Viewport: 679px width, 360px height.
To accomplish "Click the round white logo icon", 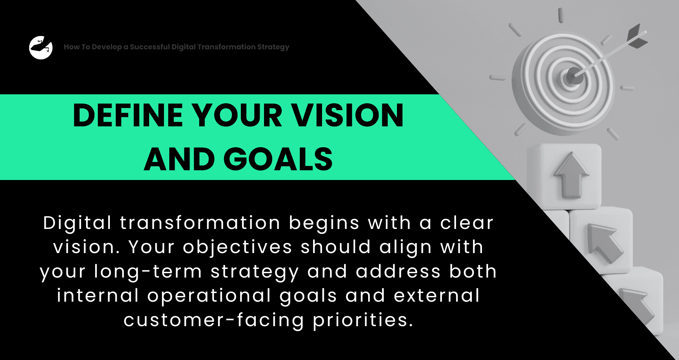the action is point(41,48).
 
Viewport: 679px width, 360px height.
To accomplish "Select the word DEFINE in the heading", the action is point(128,116).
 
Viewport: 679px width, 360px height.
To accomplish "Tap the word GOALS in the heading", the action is point(278,159).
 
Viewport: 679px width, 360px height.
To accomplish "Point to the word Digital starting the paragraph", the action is point(77,223).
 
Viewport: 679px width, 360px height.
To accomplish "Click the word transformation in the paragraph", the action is point(200,223).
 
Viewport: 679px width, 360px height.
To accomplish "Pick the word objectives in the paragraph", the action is point(237,247).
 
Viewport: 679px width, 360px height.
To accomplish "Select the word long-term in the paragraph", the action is point(148,272).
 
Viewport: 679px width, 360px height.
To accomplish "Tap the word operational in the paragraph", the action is point(209,296).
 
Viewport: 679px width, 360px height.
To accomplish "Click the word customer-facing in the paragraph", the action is point(214,320).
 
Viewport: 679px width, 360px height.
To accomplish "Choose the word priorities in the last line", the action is point(363,320).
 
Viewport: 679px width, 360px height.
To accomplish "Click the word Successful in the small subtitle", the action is point(150,47).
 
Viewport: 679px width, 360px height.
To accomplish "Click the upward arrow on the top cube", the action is point(571,175).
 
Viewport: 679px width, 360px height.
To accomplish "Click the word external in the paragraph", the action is point(437,296).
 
